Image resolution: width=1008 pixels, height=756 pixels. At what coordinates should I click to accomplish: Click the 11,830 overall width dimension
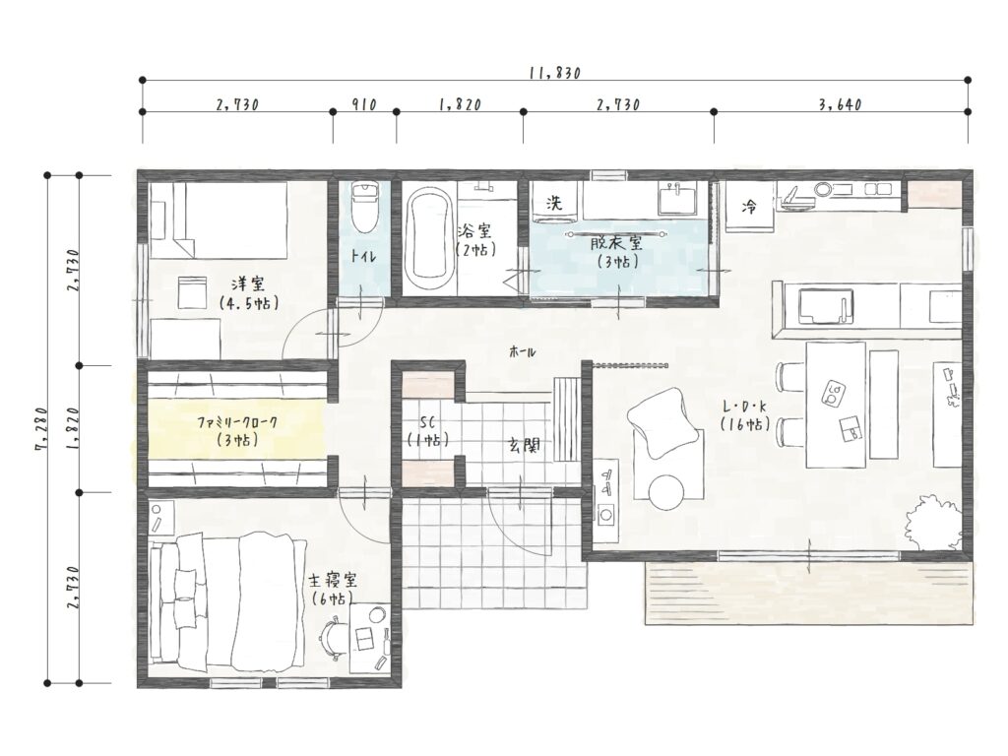[x=555, y=73]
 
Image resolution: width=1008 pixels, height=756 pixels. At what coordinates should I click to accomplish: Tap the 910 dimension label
[x=364, y=104]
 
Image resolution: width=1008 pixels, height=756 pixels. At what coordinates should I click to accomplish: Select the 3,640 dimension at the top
[x=841, y=104]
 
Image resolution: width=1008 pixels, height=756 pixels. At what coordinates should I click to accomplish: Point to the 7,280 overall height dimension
[x=43, y=429]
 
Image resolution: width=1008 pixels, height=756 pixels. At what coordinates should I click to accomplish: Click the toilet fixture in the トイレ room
[x=364, y=207]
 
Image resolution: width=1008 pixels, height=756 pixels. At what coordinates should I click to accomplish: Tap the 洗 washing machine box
[x=554, y=203]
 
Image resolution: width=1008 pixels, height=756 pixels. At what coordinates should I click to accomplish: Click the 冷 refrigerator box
[x=749, y=206]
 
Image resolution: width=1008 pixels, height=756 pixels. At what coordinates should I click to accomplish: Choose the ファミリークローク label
[x=238, y=422]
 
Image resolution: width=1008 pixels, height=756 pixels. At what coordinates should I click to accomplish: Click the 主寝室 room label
[x=333, y=581]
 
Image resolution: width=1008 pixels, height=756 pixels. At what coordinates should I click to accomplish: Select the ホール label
[x=522, y=351]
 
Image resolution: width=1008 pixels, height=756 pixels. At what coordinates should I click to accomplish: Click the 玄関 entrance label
[x=525, y=444]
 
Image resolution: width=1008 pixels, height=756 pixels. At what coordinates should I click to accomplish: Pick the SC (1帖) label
[x=427, y=431]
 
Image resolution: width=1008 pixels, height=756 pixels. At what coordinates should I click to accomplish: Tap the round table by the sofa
[x=666, y=492]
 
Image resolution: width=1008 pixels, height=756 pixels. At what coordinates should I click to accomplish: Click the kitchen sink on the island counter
[x=826, y=307]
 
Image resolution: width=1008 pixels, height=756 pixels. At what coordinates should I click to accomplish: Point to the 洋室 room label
[x=248, y=283]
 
